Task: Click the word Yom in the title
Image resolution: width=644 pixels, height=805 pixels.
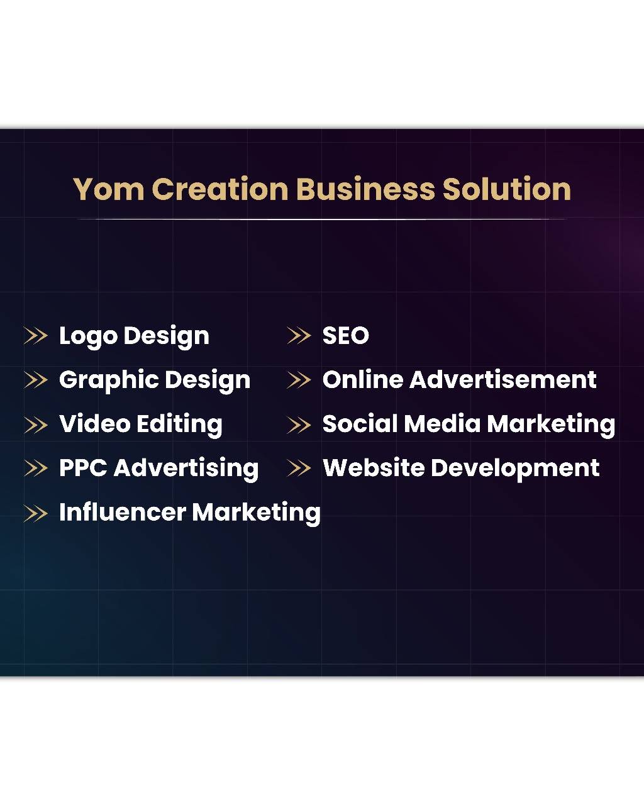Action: pyautogui.click(x=108, y=189)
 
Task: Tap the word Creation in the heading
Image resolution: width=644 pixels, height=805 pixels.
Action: pyautogui.click(x=219, y=189)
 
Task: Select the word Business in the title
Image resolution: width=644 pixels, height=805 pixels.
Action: pyautogui.click(x=365, y=189)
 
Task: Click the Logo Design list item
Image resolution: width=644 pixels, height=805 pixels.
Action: pyautogui.click(x=134, y=336)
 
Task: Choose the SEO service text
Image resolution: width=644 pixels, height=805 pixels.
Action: pyautogui.click(x=345, y=336)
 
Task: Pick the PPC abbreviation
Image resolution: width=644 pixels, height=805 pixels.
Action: pyautogui.click(x=83, y=468)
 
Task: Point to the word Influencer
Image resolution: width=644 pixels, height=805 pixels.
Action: pyautogui.click(x=122, y=512)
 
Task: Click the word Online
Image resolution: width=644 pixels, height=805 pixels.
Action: pyautogui.click(x=363, y=380)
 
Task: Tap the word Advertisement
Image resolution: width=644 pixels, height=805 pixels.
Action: pyautogui.click(x=503, y=380)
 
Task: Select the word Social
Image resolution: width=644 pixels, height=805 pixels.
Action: pyautogui.click(x=360, y=424)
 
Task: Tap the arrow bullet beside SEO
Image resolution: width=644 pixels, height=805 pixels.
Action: pyautogui.click(x=299, y=336)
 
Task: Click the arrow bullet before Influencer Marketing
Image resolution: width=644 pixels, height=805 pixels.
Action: pyautogui.click(x=35, y=513)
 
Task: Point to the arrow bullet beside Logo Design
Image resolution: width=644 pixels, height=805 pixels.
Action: pyautogui.click(x=35, y=336)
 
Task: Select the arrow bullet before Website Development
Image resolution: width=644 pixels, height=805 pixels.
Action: pyautogui.click(x=299, y=468)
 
